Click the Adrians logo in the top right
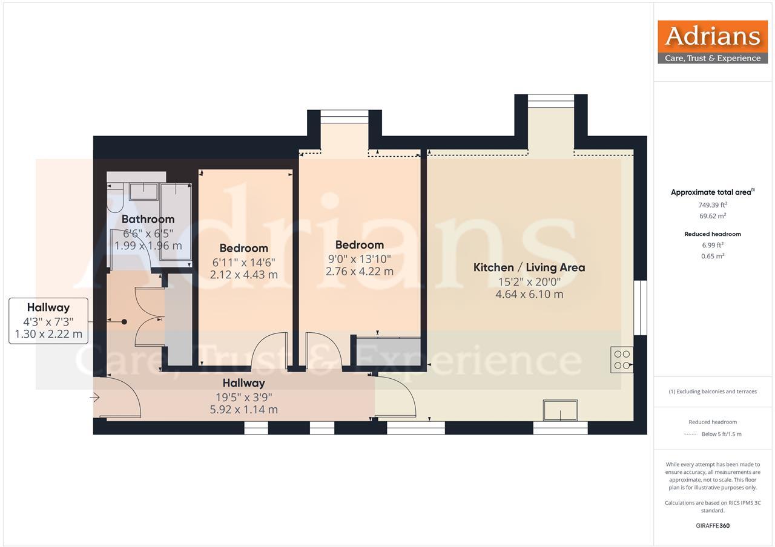point(713,42)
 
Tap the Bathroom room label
point(148,219)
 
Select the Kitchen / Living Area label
point(529,267)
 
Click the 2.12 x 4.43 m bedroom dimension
point(243,275)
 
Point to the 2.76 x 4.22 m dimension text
point(359,272)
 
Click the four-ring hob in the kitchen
point(622,359)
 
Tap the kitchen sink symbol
point(560,411)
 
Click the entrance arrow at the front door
point(95,398)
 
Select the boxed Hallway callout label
point(48,321)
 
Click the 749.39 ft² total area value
point(713,205)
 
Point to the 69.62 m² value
point(713,216)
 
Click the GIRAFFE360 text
point(713,526)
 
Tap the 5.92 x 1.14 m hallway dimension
point(243,410)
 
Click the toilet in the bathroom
point(114,198)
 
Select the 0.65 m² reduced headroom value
point(713,256)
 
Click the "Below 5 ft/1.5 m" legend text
point(721,434)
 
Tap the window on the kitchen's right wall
point(640,307)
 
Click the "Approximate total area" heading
point(711,192)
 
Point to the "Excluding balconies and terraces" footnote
point(713,391)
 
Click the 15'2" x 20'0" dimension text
point(529,281)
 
